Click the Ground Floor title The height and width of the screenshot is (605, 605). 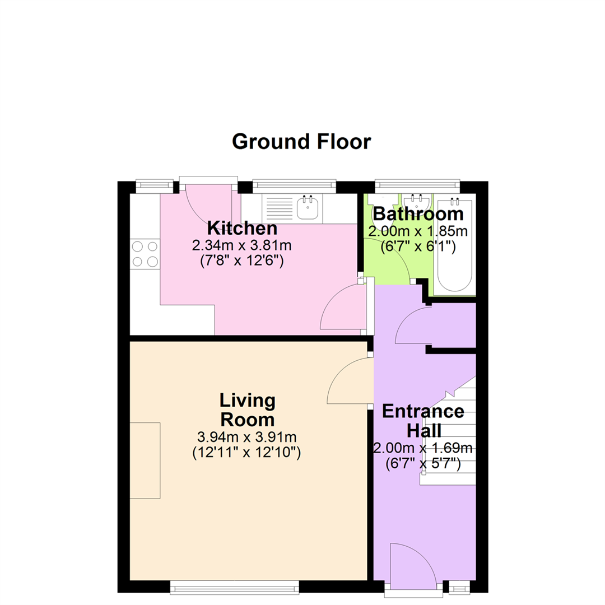(x=301, y=142)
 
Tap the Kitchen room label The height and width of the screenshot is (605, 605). (x=243, y=228)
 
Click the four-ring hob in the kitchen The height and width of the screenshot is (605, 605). (x=145, y=254)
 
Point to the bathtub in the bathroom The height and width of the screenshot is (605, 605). (x=454, y=245)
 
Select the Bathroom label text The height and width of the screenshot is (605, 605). (x=418, y=214)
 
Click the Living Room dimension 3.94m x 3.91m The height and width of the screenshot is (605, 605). (x=247, y=437)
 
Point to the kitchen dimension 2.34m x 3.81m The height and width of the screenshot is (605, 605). (x=242, y=245)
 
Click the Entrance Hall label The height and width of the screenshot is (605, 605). (x=424, y=421)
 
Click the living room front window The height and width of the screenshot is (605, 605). (x=235, y=588)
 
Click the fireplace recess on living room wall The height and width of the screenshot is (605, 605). (x=145, y=460)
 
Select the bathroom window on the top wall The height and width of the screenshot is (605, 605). (x=417, y=186)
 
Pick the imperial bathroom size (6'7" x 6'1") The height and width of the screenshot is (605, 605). (x=418, y=246)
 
